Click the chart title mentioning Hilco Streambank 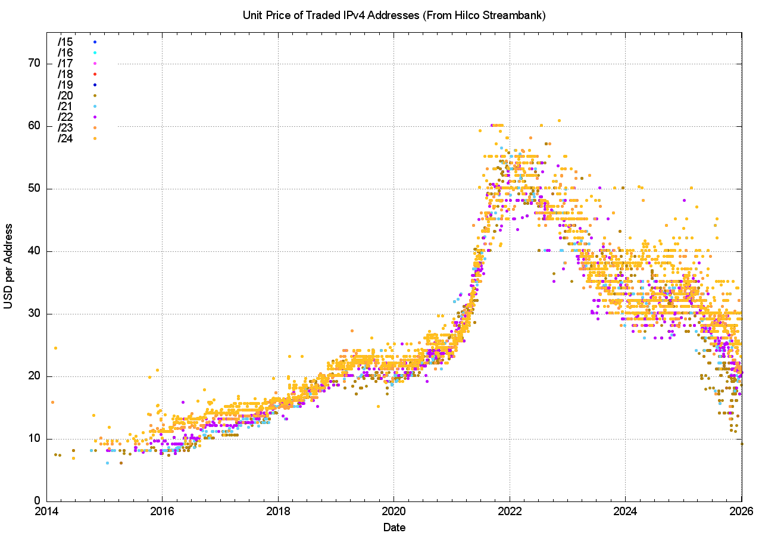394,15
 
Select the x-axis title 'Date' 394,527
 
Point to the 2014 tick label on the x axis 46,512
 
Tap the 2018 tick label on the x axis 278,512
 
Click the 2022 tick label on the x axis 510,512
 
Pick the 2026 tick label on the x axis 741,512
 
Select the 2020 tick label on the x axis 394,512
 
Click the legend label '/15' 65,42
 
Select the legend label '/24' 65,139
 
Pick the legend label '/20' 65,95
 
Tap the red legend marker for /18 95,74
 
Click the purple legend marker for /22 95,117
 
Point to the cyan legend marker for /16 95,52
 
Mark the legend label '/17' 65,63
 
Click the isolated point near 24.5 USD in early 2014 55,348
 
